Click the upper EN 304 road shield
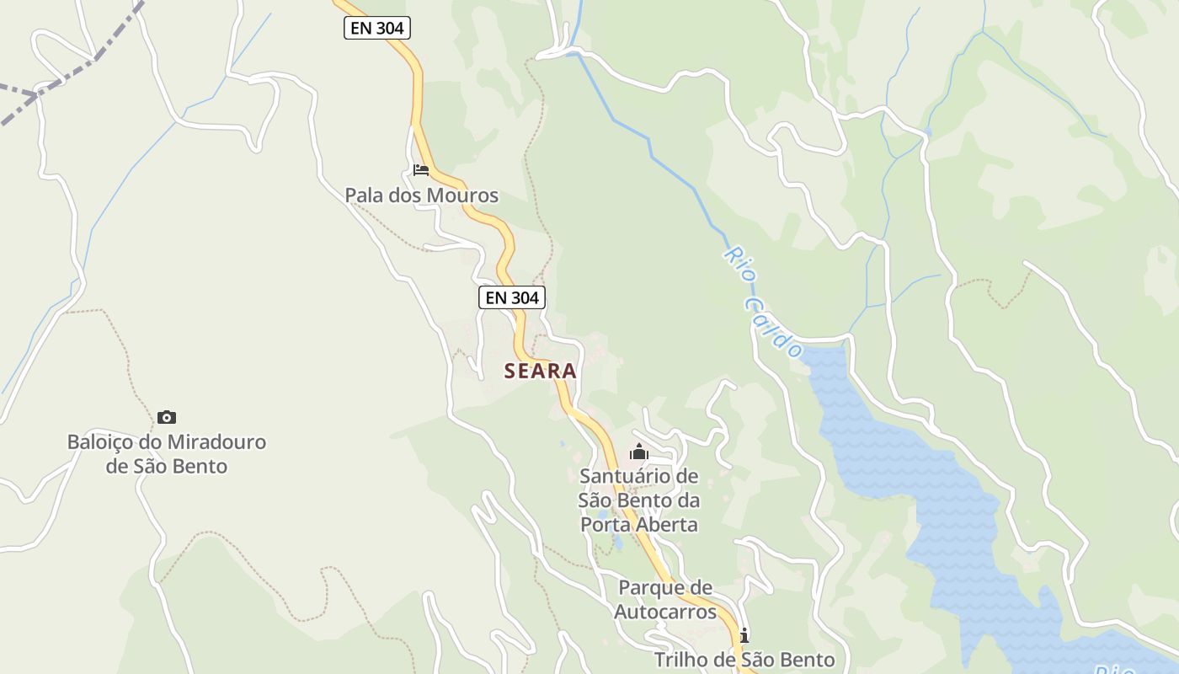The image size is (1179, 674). [x=376, y=28]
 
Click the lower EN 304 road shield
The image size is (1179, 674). [x=512, y=297]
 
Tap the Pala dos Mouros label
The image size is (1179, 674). [x=421, y=195]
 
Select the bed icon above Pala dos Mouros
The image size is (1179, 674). [x=421, y=170]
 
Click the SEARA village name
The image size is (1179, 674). [x=541, y=371]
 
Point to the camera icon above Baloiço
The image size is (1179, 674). [x=167, y=417]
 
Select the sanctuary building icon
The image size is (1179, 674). [x=639, y=452]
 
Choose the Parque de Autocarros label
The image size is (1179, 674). [x=664, y=599]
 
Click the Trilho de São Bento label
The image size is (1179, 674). [x=744, y=660]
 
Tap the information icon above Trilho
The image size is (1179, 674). [x=744, y=634]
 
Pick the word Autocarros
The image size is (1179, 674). [x=665, y=611]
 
